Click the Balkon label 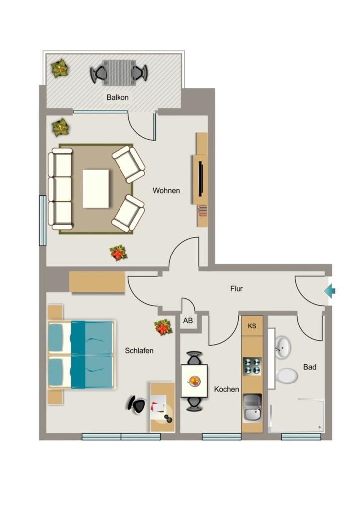(x=118, y=97)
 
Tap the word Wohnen (x=166, y=190)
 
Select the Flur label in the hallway (x=237, y=288)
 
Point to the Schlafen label (x=139, y=350)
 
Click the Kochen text (x=227, y=389)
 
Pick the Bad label (x=310, y=367)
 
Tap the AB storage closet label (x=188, y=321)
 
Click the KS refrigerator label (x=252, y=326)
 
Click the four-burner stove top (x=252, y=366)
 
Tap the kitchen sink (x=252, y=408)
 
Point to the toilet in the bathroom (x=286, y=376)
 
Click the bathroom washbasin (x=283, y=347)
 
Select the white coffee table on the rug (x=96, y=189)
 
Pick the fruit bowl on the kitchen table (x=194, y=381)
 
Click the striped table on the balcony (x=119, y=73)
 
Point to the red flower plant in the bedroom (x=164, y=327)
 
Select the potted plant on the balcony (x=60, y=68)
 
